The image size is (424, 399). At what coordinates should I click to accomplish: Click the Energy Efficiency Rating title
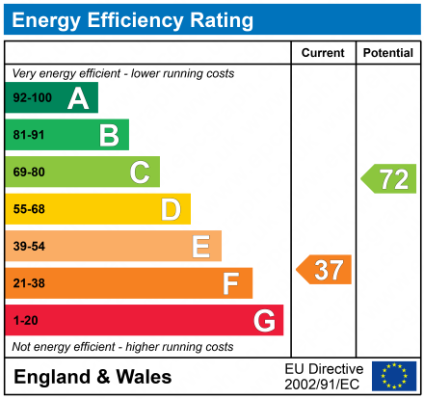135,19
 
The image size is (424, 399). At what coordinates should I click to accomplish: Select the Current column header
323,53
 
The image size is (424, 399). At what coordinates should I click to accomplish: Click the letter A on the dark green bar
77,98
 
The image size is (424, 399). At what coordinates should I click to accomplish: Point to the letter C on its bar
140,173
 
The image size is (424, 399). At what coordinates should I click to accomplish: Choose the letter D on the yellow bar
171,209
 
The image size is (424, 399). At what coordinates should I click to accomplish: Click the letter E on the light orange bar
200,247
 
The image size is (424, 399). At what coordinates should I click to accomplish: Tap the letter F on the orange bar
231,283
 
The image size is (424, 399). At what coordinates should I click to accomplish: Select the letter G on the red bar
263,320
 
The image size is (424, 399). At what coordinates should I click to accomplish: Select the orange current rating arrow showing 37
325,270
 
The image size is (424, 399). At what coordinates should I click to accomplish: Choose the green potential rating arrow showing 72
389,178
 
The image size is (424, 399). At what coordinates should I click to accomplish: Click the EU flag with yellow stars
393,376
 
